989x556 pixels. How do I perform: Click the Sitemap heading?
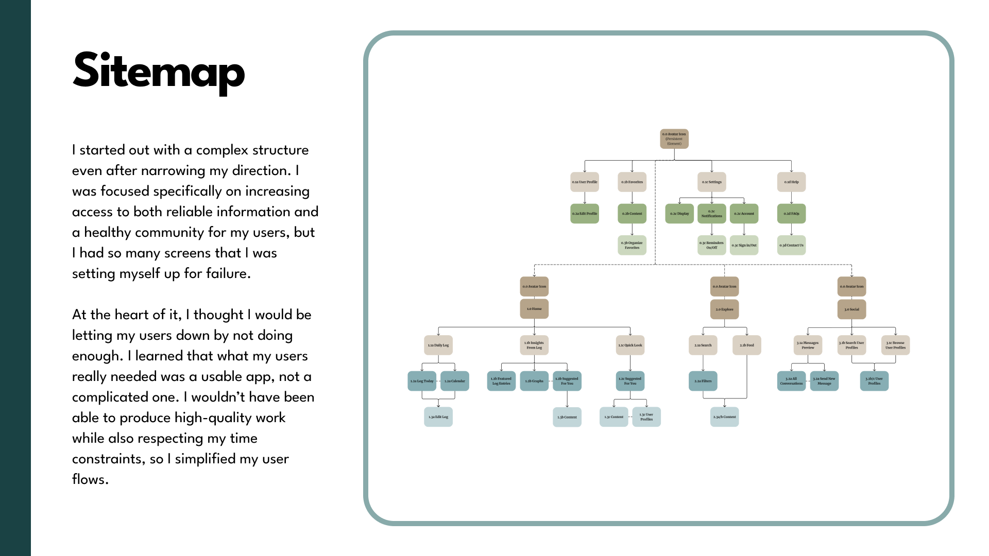[x=159, y=71]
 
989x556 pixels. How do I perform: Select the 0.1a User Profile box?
[x=585, y=182]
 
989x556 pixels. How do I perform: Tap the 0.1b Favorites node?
[x=632, y=182]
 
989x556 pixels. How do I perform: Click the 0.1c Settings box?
[x=712, y=182]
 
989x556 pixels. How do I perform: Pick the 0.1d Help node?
[x=791, y=182]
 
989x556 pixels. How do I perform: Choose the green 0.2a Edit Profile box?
[x=585, y=214]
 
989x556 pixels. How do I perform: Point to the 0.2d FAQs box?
[x=791, y=214]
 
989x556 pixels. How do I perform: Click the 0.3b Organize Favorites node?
[x=632, y=245]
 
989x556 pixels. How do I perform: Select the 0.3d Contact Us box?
[x=791, y=245]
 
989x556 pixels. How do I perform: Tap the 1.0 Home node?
[x=534, y=309]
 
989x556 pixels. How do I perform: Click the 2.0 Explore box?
[x=724, y=309]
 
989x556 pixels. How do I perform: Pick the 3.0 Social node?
[x=851, y=309]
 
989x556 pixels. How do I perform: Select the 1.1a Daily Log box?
[x=438, y=345]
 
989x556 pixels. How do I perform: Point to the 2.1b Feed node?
[x=747, y=345]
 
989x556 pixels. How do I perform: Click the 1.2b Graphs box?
[x=534, y=381]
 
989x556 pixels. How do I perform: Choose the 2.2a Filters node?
[x=703, y=381]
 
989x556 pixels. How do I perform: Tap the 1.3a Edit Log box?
[x=438, y=417]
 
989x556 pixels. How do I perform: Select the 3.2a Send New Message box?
[x=824, y=381]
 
